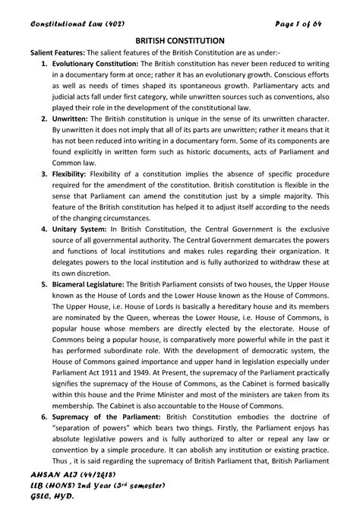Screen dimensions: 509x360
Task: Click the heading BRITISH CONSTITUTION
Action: point(179,38)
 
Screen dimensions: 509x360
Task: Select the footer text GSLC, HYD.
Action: point(37,498)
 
